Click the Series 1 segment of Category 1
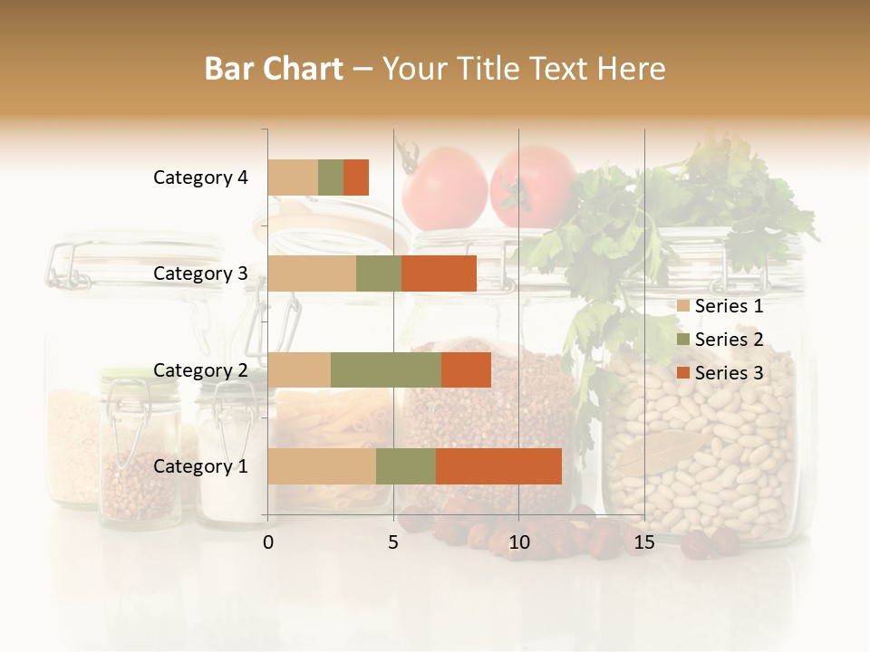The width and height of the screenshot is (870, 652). [322, 466]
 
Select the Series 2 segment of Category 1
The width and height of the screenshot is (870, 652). [406, 466]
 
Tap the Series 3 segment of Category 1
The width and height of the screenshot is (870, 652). [498, 466]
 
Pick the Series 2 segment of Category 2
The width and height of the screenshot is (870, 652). [386, 369]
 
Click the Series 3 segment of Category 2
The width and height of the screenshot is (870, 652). [466, 369]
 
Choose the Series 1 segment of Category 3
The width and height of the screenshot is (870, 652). [312, 273]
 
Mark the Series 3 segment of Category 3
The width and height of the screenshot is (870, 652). [439, 273]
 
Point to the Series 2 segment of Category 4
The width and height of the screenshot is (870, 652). [331, 177]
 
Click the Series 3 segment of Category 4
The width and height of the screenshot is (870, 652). [356, 177]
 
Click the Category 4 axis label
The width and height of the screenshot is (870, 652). [200, 177]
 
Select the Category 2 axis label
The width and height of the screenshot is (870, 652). [200, 369]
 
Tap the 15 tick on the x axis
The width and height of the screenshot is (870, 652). [644, 542]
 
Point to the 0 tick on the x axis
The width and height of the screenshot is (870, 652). [268, 542]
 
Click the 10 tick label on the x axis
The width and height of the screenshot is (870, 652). [518, 542]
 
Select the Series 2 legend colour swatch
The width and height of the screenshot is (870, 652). [683, 340]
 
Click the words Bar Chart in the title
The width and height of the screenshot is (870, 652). [274, 69]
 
